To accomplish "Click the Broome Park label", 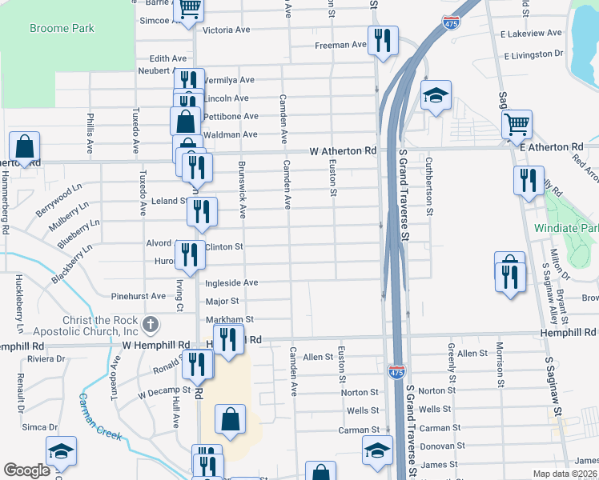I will click(x=62, y=29).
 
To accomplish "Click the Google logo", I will click(x=26, y=470).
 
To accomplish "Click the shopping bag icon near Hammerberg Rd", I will click(x=25, y=146).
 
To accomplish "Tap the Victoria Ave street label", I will click(x=227, y=30).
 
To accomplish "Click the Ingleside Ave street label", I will click(x=231, y=282).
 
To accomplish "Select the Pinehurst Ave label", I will click(x=139, y=296).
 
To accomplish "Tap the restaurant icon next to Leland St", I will click(x=202, y=211).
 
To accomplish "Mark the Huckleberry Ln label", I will click(x=18, y=304).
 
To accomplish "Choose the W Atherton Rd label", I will click(x=343, y=150).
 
